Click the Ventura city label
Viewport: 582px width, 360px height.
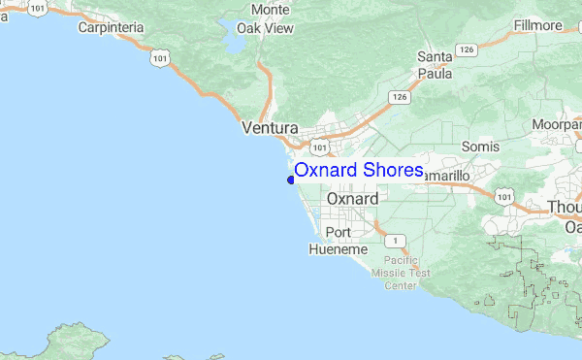point(269,127)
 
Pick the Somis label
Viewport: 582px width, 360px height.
point(480,146)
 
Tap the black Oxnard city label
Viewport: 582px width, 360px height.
point(352,198)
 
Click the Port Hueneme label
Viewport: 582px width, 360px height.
point(338,241)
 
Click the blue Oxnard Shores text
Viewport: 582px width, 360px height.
point(359,171)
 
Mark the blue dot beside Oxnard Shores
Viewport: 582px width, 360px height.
point(290,179)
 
